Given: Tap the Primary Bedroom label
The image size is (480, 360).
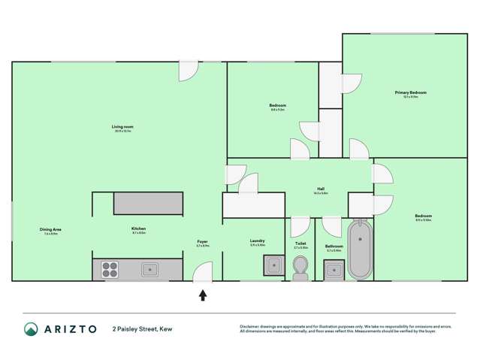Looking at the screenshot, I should pos(410,92).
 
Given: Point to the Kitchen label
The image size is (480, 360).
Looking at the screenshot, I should pos(138,228).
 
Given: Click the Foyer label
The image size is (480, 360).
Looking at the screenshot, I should pos(202,241).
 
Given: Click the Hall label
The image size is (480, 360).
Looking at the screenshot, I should pos(321,189).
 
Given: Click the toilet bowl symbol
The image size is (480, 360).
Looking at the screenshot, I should pos(300,268).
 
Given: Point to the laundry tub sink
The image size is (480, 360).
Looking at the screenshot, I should pos(273,265).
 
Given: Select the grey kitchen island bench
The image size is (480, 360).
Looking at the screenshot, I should pos(148,203).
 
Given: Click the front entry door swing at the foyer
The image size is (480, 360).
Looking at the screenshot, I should pos(202,271).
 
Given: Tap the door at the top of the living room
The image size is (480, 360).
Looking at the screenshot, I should pos(189,71).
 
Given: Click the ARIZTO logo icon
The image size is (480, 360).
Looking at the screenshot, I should pos(31,329).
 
